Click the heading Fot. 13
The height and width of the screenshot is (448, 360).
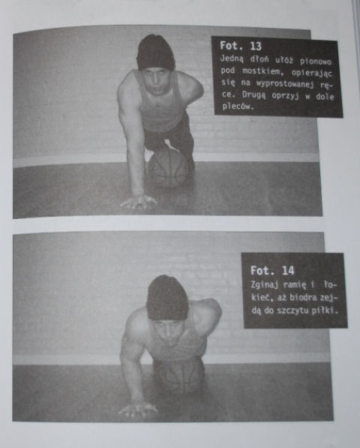[241, 46]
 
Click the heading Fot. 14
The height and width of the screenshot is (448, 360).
[272, 270]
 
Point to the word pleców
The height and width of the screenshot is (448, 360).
[238, 107]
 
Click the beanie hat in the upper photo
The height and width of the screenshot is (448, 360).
[155, 52]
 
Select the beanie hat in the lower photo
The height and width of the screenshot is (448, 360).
[167, 298]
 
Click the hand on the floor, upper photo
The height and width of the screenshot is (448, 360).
[139, 201]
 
